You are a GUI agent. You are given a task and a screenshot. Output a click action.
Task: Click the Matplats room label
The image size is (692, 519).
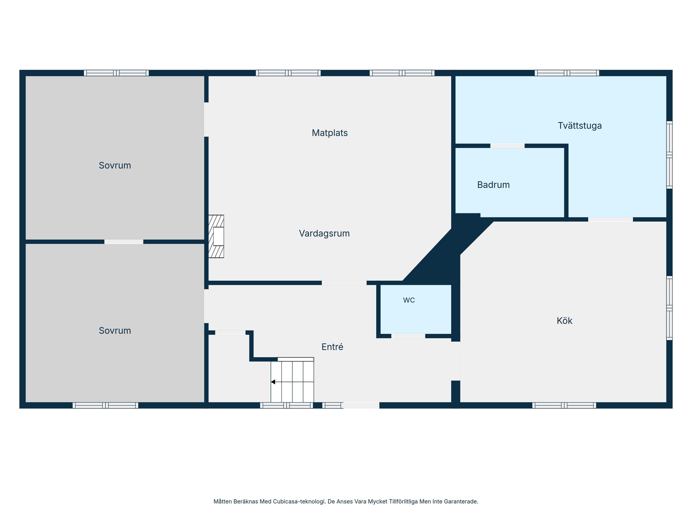[x=329, y=133]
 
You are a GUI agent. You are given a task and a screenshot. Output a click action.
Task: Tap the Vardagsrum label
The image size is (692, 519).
[x=324, y=234]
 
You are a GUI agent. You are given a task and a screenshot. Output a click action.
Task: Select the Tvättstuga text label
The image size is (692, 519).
[x=580, y=126]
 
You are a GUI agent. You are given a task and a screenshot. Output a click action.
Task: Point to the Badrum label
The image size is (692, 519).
[x=493, y=185]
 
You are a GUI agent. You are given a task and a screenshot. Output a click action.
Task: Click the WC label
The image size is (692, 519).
[x=409, y=300]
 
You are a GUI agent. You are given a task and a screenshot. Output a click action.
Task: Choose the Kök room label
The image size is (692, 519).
[x=564, y=321]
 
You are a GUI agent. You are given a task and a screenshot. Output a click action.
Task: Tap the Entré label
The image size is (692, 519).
[x=332, y=347]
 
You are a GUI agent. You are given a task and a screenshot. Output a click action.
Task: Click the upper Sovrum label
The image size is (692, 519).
[x=115, y=165]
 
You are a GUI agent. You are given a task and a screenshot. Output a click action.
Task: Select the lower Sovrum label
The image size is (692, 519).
[x=115, y=331]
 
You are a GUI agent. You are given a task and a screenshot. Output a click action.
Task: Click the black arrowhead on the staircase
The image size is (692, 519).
[x=273, y=382]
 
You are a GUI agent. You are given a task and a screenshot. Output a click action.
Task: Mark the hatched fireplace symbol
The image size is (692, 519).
[x=216, y=236]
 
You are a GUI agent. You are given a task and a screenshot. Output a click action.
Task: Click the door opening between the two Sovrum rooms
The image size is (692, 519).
[x=124, y=242]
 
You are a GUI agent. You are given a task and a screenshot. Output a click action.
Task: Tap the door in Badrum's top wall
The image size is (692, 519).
[x=507, y=146]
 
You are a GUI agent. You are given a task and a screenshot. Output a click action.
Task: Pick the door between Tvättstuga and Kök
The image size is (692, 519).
[x=611, y=219]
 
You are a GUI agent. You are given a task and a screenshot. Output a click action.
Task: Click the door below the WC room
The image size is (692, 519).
[x=408, y=336]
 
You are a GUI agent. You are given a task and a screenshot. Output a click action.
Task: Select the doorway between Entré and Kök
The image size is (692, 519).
[x=456, y=361]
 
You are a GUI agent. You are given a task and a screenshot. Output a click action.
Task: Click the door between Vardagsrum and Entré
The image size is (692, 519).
[x=344, y=283]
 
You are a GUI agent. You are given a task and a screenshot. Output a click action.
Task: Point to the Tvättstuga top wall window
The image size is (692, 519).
[x=567, y=73]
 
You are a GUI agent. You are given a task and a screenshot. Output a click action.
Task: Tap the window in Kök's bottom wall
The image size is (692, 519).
[x=564, y=405]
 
